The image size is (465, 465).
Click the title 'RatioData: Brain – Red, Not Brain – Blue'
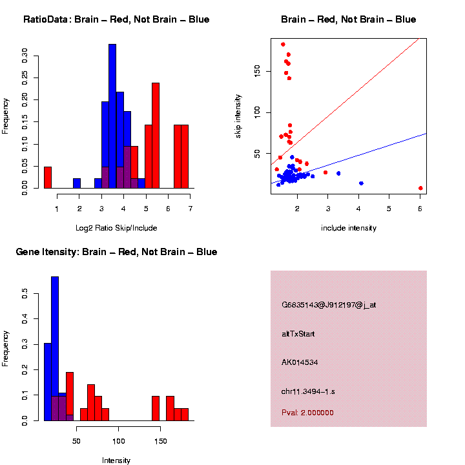point(116,19)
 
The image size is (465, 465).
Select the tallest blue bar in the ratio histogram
point(112,116)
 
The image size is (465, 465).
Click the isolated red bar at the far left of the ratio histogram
point(48,177)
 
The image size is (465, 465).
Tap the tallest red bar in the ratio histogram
point(156,136)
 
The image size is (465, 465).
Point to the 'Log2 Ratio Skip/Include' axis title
point(117,227)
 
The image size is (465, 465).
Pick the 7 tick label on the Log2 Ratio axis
point(191,208)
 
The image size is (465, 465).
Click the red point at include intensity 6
point(420,188)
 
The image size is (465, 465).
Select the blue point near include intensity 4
point(361,183)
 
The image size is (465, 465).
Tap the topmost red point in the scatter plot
point(283,45)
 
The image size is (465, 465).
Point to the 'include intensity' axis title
point(349,227)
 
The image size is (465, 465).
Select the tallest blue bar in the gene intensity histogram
point(55,349)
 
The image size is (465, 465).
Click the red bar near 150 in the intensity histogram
point(156,408)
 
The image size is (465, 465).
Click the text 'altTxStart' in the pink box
point(298,334)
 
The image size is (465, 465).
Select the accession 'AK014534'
point(300,362)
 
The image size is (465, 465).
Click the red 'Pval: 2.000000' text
point(307,413)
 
